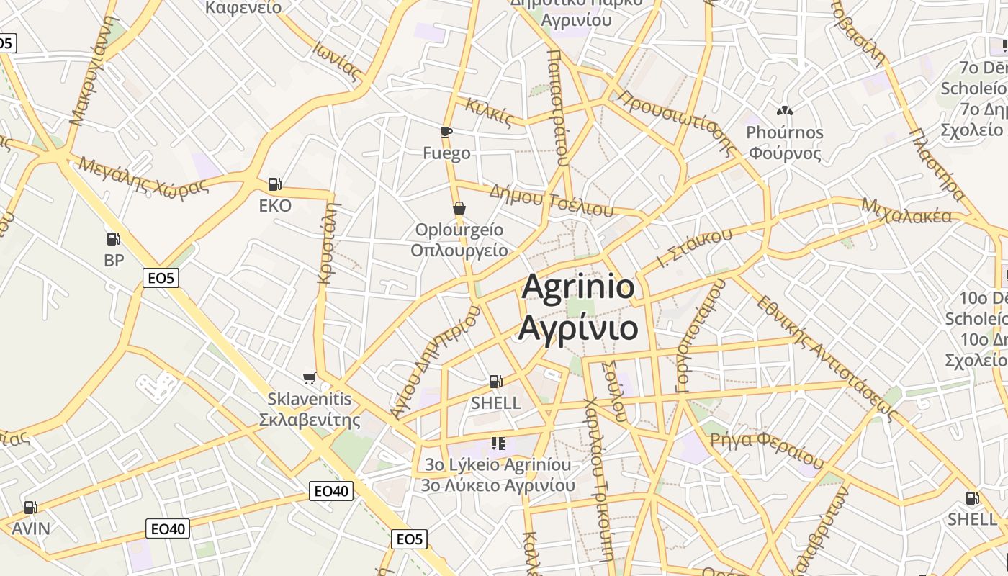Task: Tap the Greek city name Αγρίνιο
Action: point(578,328)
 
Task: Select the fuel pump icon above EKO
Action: point(274,184)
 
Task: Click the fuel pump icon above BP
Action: point(113,239)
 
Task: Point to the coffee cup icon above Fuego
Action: point(446,132)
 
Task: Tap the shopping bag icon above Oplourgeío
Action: point(459,209)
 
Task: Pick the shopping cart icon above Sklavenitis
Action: point(310,378)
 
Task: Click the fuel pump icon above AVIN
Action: point(30,508)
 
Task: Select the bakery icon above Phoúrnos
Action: point(784,111)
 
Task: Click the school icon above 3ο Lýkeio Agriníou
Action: point(498,443)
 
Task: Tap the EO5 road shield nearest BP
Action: point(161,277)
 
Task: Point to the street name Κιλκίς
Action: point(489,112)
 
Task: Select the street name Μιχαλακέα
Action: point(906,212)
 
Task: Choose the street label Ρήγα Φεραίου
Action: point(766,446)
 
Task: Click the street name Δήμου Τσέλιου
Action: point(551,200)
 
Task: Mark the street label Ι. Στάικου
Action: point(694,248)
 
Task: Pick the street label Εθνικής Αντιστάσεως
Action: point(824,358)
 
